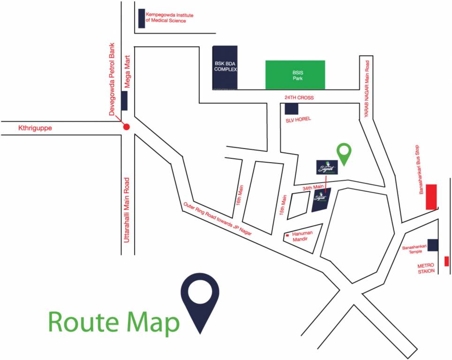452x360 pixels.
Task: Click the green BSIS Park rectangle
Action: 295,75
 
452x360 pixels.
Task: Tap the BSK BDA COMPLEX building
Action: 225,67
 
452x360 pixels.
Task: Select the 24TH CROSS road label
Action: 299,97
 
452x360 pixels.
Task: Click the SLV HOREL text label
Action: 298,119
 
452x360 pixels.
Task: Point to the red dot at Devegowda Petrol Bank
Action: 126,127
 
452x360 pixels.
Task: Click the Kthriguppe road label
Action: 36,127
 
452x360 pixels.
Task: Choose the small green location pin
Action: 345,154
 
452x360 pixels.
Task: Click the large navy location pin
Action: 200,300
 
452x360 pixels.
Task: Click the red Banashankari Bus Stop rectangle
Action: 431,197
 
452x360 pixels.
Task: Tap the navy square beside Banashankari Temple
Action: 433,245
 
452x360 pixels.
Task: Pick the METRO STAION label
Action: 426,268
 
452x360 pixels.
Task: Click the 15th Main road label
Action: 283,205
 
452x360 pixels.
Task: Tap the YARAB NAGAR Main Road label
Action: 368,90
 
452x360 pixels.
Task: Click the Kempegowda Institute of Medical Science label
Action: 169,17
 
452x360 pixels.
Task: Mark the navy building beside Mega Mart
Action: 124,101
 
